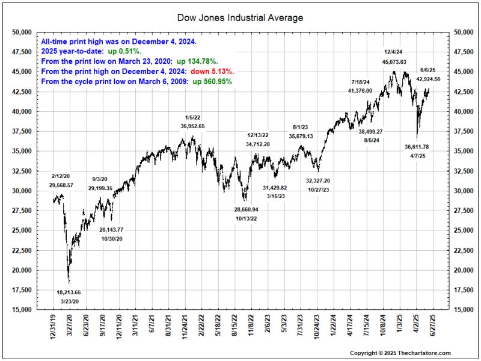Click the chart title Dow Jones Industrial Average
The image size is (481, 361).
tap(240, 17)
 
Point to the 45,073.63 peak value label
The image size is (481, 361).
tap(394, 62)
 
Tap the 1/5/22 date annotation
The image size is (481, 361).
tap(192, 117)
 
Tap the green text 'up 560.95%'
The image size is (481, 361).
tap(212, 81)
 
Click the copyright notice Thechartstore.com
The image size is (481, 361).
tap(400, 353)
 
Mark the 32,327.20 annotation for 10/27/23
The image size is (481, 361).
tap(317, 180)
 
